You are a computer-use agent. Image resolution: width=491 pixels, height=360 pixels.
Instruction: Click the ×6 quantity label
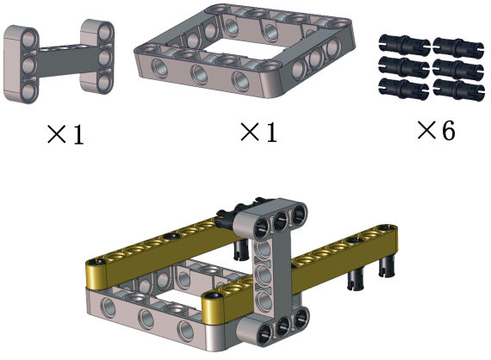436,130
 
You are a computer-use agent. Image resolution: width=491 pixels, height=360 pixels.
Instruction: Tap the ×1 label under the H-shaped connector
65,134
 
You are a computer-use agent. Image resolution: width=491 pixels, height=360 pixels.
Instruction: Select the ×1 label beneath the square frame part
258,132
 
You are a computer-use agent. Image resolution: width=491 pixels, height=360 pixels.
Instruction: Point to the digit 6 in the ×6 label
449,130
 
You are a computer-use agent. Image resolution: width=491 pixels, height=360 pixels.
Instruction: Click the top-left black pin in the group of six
404,44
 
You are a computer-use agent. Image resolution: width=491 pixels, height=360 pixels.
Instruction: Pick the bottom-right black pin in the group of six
459,90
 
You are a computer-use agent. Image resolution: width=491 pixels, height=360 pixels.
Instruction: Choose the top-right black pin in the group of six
459,47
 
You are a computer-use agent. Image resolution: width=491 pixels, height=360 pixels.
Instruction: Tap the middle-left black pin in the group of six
403,66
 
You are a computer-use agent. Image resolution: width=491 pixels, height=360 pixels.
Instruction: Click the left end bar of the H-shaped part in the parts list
22,65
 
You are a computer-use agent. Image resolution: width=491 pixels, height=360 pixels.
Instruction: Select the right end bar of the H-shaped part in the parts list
97,56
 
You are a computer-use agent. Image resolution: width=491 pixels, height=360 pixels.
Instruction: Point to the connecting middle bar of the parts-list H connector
59,61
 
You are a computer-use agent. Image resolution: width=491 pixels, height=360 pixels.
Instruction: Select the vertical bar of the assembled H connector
272,276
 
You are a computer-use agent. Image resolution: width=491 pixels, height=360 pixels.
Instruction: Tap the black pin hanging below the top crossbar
241,250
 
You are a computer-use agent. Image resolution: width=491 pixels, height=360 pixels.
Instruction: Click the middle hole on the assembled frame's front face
146,319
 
